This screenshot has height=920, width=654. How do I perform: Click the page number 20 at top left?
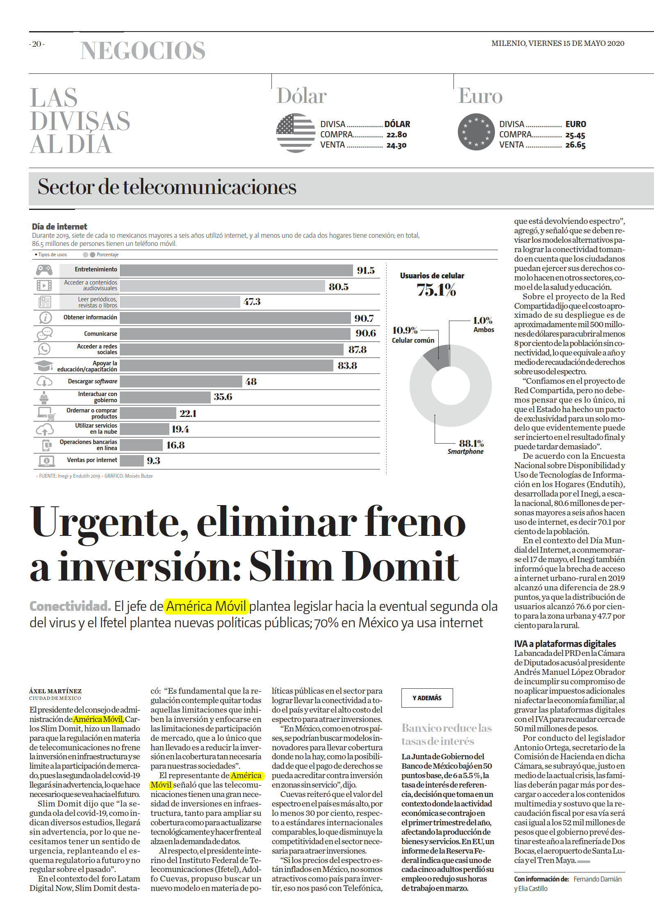(37, 44)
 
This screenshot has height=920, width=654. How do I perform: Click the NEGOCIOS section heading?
(143, 50)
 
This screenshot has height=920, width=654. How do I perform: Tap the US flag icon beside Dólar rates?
(296, 133)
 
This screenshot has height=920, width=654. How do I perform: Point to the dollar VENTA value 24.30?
(397, 145)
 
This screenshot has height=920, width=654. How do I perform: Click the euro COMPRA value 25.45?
(575, 135)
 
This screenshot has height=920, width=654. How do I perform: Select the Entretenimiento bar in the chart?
(236, 270)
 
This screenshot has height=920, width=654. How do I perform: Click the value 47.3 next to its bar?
(252, 302)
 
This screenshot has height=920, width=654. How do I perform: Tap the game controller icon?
(44, 270)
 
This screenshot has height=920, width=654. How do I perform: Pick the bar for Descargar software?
(181, 382)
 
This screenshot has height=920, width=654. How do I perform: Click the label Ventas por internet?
(92, 460)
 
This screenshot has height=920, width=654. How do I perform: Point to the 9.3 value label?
(153, 461)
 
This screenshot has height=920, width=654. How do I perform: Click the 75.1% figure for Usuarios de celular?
(436, 290)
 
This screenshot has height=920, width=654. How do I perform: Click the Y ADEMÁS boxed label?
(427, 698)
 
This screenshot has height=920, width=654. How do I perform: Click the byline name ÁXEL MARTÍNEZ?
(55, 691)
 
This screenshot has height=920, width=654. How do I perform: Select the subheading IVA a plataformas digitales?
(565, 644)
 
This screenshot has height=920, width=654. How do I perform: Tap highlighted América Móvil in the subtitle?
(206, 606)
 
